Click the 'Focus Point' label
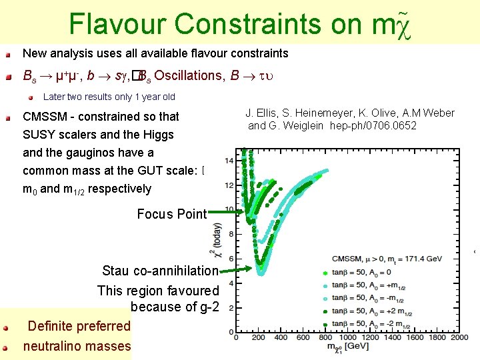(171, 214)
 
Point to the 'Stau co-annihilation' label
(160, 271)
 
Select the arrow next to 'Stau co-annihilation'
(234, 270)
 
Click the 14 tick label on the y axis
(229, 161)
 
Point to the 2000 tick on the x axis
(459, 338)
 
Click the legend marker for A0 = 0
(325, 273)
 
